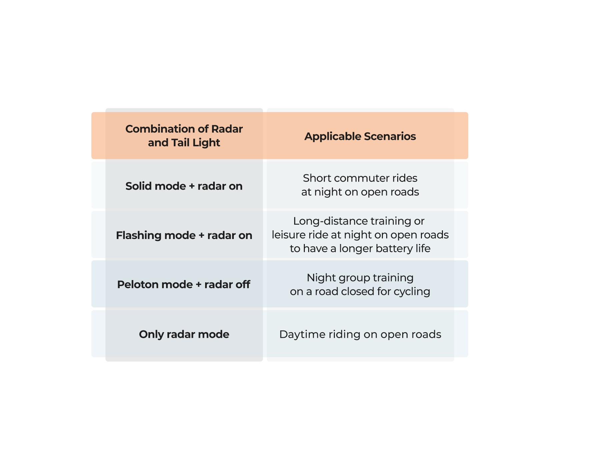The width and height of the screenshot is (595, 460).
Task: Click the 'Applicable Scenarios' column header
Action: click(360, 136)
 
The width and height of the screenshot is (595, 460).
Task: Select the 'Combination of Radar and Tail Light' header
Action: click(184, 136)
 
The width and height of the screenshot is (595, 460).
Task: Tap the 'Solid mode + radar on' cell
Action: click(184, 186)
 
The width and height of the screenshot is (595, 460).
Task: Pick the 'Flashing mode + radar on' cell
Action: click(184, 235)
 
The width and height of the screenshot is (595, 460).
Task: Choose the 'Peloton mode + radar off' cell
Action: click(184, 284)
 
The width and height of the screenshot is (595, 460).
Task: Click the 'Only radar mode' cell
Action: click(184, 334)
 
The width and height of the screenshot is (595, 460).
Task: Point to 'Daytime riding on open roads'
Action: click(360, 334)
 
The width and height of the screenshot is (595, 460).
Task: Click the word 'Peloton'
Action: click(138, 284)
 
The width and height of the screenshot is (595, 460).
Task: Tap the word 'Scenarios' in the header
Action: click(390, 136)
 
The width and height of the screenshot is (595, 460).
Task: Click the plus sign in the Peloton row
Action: click(198, 285)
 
